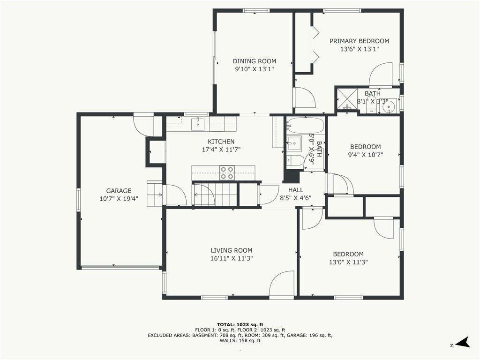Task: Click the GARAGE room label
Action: [x=119, y=191]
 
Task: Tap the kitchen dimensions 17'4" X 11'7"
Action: [x=221, y=150]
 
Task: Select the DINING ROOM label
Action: [x=255, y=61]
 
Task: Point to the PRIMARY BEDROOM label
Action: [x=360, y=41]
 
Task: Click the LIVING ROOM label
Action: [x=232, y=250]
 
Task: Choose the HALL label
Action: [x=296, y=190]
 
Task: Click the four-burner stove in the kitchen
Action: [x=227, y=172]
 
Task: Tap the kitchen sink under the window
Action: [x=198, y=123]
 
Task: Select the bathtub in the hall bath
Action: [x=306, y=125]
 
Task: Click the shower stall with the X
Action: [x=347, y=99]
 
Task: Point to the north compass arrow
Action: [x=462, y=343]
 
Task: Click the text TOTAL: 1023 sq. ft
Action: [x=240, y=325]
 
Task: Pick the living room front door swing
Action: [x=282, y=284]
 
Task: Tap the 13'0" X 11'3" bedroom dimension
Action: [x=348, y=262]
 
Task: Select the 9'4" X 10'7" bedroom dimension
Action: [x=366, y=155]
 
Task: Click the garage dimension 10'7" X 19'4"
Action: [x=119, y=199]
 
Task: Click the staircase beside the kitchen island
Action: [x=214, y=195]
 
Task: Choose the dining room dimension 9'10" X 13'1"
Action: [x=255, y=69]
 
